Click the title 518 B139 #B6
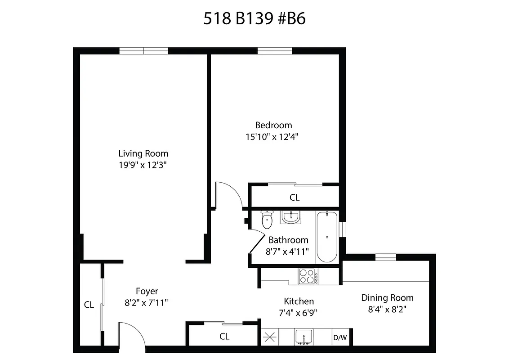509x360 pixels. point(255,19)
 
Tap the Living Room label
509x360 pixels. point(143,153)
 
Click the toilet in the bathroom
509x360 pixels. point(267,220)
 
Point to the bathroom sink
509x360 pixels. point(291,217)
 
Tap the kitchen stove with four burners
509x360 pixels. point(308,276)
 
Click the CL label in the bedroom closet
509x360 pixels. point(295,197)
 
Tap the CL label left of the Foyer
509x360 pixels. point(89,305)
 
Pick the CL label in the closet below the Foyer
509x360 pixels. point(224,336)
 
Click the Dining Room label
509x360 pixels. point(387,298)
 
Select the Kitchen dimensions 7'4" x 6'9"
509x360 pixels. point(299,312)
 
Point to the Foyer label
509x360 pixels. point(147,292)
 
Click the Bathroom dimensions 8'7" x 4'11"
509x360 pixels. point(288,251)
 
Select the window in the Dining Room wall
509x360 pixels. point(385,257)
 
